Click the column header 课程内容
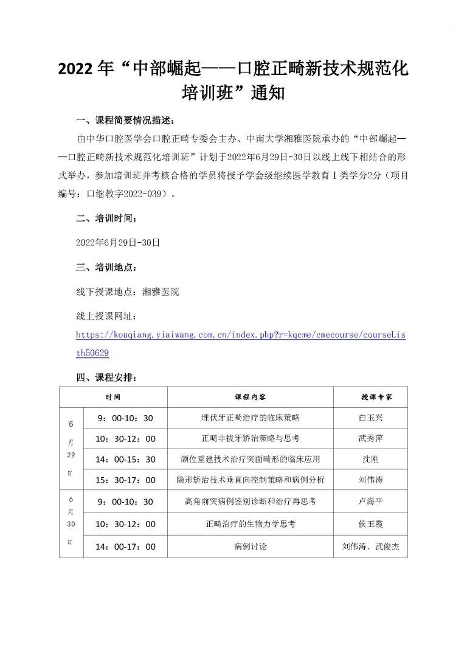[x=250, y=396]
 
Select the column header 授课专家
[x=370, y=396]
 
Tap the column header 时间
[x=113, y=396]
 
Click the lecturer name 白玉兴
[x=370, y=418]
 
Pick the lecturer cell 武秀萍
[x=370, y=438]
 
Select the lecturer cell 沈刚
[x=370, y=459]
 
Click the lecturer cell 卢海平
[x=370, y=502]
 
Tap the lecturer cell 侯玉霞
[x=370, y=523]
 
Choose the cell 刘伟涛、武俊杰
[x=370, y=546]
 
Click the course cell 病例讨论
[x=250, y=546]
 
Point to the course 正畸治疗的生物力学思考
[x=250, y=523]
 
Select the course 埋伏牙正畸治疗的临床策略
[x=250, y=418]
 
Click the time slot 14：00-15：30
[x=126, y=459]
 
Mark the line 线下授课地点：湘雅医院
[x=128, y=292]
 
